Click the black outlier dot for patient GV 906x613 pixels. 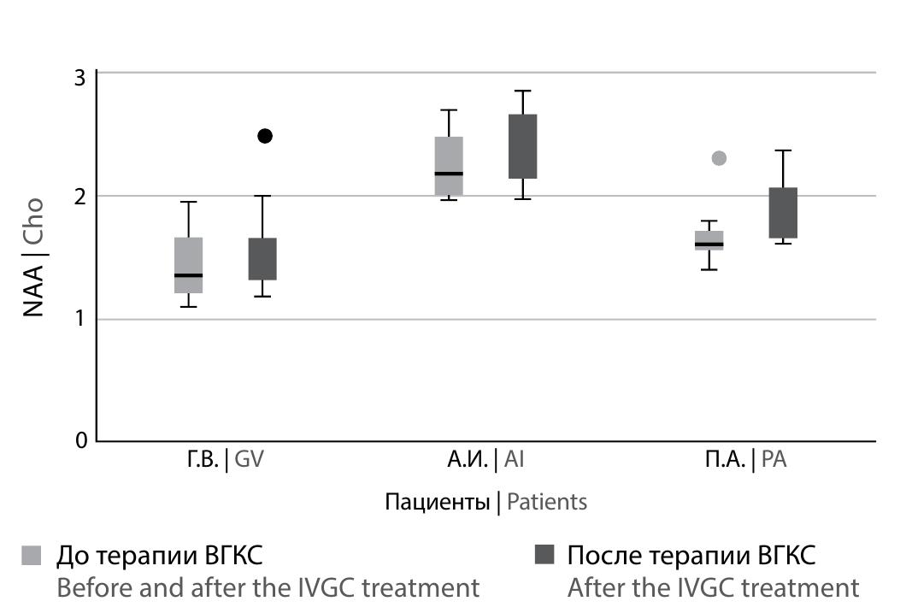265,136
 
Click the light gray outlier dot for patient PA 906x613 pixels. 720,158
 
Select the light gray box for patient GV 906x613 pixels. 188,265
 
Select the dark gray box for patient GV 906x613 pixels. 262,258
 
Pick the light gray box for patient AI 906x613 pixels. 449,166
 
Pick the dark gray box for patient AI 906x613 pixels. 522,146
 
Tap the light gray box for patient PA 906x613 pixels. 709,240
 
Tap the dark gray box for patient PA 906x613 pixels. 783,212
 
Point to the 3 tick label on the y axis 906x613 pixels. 80,76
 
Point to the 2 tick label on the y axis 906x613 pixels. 80,197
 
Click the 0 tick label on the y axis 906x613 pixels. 80,440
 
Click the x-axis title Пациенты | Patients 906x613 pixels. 485,501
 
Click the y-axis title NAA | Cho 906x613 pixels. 33,257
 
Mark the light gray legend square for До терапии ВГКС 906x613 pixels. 31,555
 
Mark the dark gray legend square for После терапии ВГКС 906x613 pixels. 543,555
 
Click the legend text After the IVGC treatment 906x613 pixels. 713,588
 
